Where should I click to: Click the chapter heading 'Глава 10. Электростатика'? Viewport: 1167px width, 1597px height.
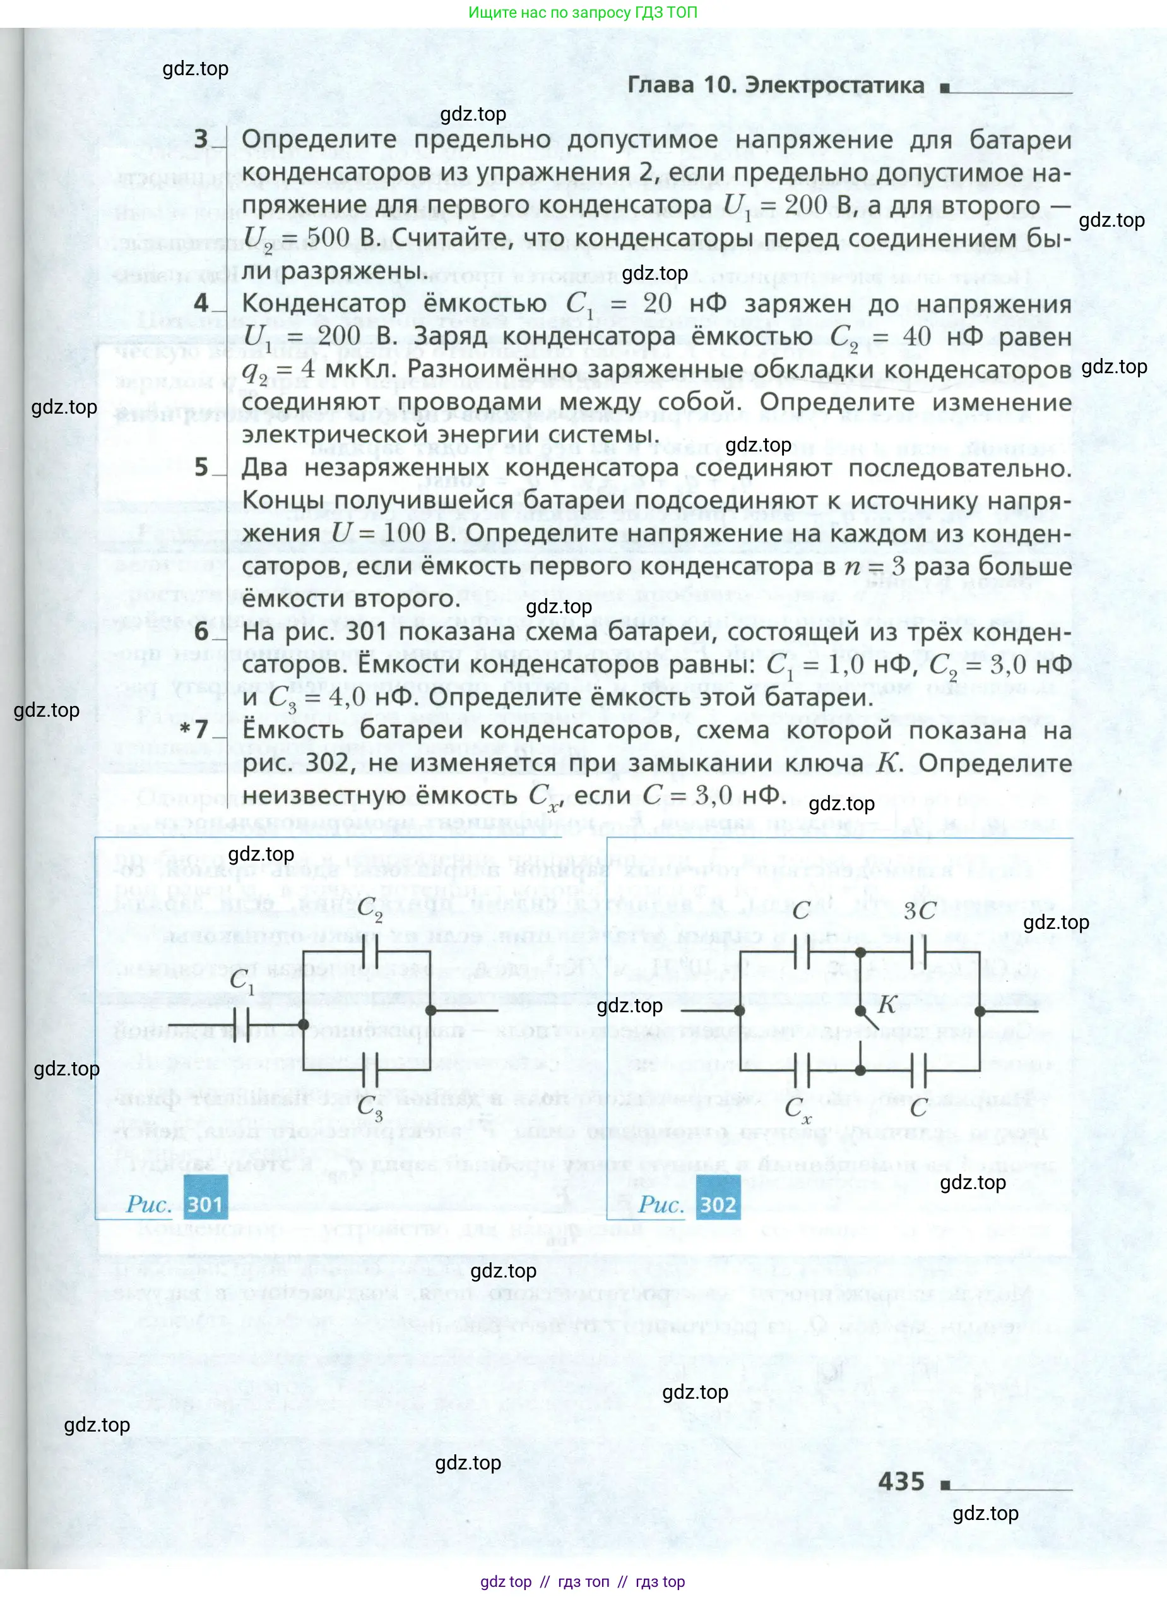click(775, 85)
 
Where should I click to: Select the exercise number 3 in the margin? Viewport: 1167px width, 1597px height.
click(201, 139)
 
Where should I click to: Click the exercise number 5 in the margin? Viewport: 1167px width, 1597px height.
click(201, 467)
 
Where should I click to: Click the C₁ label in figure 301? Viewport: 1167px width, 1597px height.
click(242, 981)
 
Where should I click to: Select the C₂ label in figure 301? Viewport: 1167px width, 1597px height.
click(369, 909)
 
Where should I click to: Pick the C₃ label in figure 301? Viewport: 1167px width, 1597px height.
click(369, 1108)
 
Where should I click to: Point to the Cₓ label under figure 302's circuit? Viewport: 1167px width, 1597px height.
click(798, 1109)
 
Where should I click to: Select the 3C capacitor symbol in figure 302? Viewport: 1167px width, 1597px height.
click(918, 952)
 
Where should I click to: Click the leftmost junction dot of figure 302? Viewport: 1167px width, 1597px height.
click(739, 1010)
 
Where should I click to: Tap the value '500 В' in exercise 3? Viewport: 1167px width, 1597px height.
click(333, 238)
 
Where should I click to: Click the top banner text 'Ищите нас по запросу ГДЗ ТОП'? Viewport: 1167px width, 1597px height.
click(583, 13)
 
